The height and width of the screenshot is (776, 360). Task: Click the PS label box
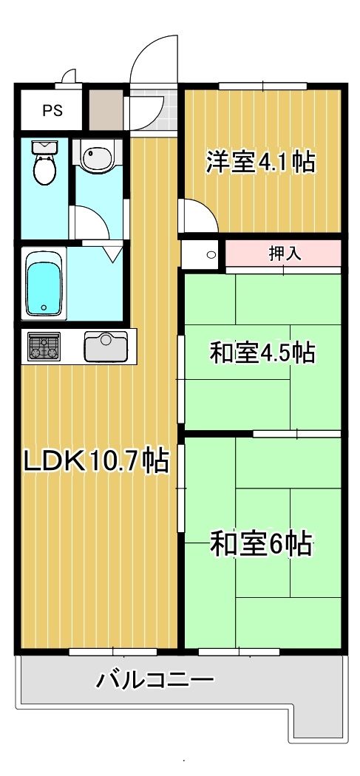click(x=52, y=112)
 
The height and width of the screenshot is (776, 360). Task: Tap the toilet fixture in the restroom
click(x=44, y=164)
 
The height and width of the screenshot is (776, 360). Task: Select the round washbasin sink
click(x=97, y=157)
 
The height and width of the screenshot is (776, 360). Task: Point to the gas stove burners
click(x=44, y=347)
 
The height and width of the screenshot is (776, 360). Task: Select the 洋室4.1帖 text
click(x=260, y=161)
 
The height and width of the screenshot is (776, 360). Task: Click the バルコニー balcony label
click(x=155, y=679)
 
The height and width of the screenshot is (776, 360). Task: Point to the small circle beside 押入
click(x=211, y=255)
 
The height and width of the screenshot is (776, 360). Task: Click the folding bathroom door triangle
click(x=112, y=253)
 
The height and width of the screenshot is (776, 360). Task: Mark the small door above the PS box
click(x=69, y=76)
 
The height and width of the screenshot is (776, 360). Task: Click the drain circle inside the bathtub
click(x=44, y=307)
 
